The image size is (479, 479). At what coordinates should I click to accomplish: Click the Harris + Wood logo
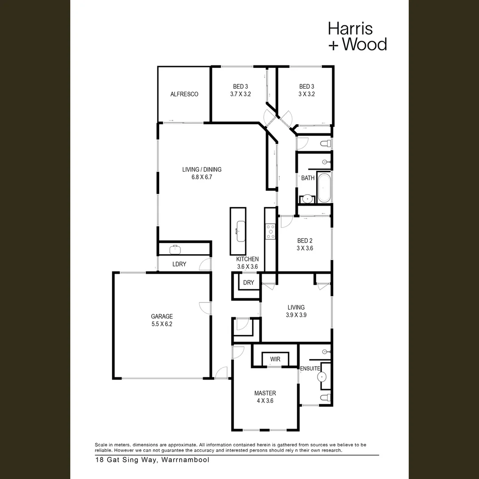point(357,36)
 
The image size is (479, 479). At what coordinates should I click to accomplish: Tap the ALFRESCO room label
point(184,94)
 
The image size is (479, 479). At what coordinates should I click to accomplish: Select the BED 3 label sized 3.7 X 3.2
point(240,90)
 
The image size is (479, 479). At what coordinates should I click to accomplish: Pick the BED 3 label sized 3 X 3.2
point(306,90)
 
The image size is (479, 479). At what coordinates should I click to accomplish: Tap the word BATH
point(308,178)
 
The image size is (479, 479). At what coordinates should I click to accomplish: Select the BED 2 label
point(305,241)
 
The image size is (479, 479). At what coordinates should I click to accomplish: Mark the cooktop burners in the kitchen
point(270,231)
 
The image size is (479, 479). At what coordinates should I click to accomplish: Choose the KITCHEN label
point(247,259)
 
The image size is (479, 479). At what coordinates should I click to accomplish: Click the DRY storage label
point(248,283)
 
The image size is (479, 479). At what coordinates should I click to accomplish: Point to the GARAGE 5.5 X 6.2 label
point(162,320)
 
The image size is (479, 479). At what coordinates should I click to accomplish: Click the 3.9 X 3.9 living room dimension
point(296,315)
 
